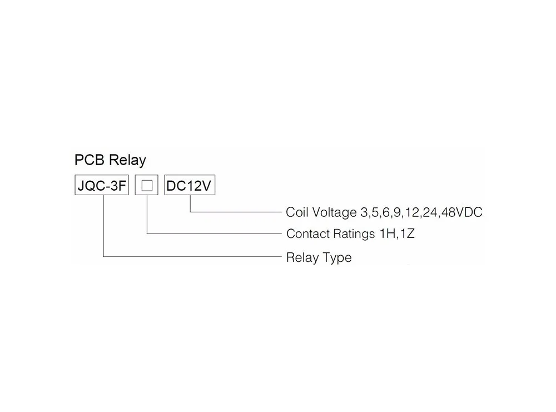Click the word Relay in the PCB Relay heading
click(127, 161)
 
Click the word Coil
click(297, 212)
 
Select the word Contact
click(308, 234)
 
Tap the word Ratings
click(354, 234)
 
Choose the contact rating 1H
click(387, 234)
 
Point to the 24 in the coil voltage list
click(429, 212)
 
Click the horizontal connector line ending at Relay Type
click(195, 256)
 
